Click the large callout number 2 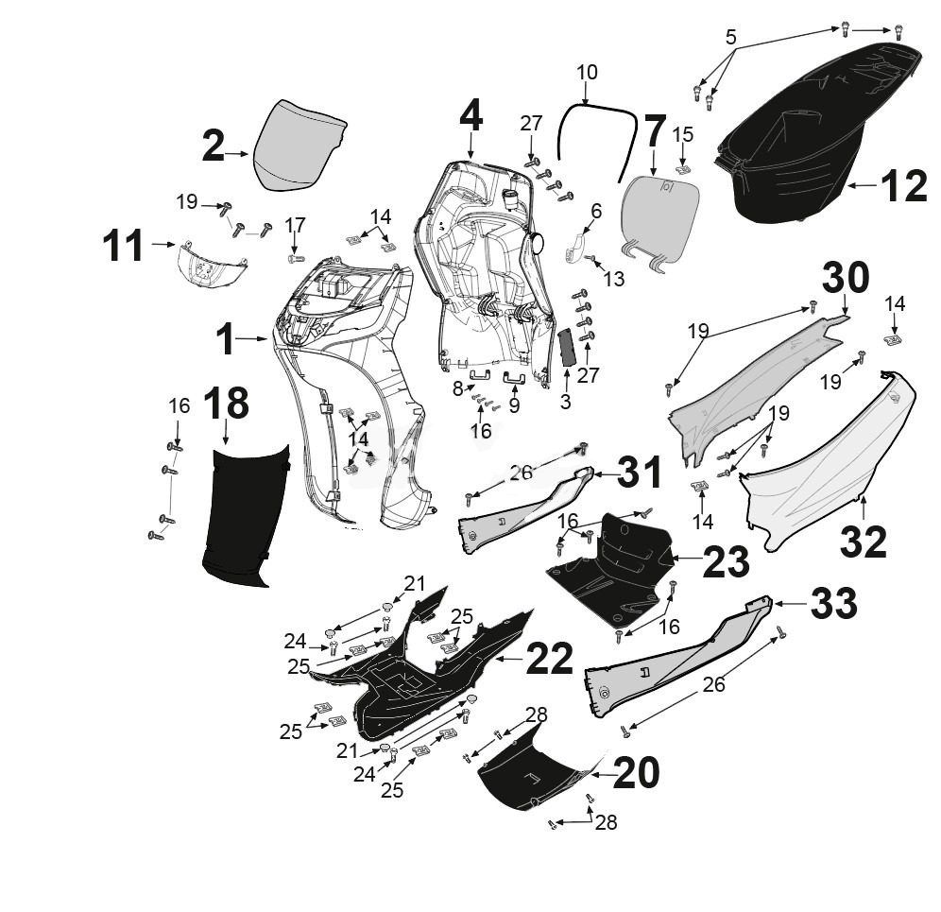(x=214, y=147)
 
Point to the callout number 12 (x=904, y=187)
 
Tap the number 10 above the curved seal (x=587, y=72)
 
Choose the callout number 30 (x=846, y=279)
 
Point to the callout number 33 (x=833, y=602)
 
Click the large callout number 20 (x=637, y=773)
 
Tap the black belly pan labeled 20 (x=534, y=775)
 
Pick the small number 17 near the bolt (x=296, y=225)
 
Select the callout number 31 (x=641, y=472)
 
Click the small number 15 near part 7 (x=683, y=134)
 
